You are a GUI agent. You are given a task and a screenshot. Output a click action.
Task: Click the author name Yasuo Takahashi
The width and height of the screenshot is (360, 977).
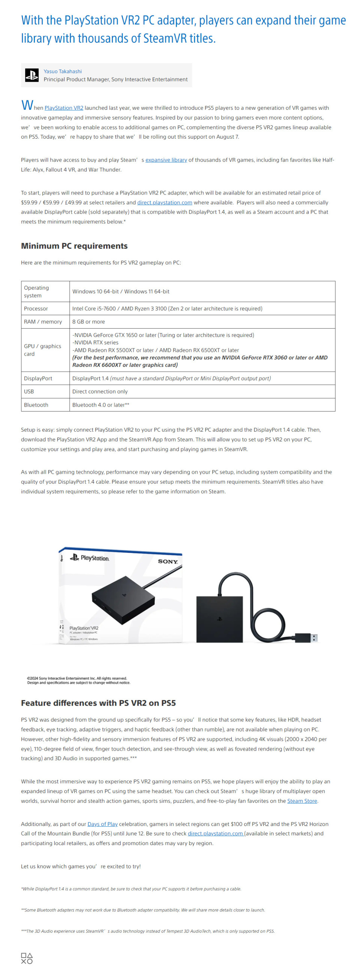click(x=63, y=71)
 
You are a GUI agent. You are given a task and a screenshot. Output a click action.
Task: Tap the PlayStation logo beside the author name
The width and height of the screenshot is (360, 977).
click(x=32, y=75)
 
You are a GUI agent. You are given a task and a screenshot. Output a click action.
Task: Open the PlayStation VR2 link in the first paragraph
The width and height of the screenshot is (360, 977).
click(x=64, y=108)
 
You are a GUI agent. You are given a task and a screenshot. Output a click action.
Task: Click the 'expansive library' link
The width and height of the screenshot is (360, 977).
click(x=166, y=160)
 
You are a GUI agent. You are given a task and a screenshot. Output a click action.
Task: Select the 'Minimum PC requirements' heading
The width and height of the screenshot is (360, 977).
click(x=74, y=246)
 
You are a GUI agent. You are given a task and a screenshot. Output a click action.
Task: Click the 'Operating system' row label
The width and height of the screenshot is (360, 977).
click(x=36, y=292)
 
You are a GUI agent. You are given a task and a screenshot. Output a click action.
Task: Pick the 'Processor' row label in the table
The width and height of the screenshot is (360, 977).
click(x=36, y=309)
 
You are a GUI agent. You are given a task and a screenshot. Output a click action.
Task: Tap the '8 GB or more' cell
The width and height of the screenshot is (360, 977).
click(x=89, y=322)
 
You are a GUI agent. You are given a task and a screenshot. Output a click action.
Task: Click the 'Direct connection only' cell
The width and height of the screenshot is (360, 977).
click(x=100, y=391)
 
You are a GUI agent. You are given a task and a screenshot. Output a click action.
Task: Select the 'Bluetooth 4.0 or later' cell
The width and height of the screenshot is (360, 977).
click(x=100, y=405)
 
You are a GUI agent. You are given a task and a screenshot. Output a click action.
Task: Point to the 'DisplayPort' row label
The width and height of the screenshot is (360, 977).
click(x=38, y=378)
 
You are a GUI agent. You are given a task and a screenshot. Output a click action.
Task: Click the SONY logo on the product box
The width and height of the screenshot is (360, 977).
click(x=168, y=561)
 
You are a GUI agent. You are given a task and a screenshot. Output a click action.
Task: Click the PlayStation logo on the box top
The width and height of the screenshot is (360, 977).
click(x=90, y=558)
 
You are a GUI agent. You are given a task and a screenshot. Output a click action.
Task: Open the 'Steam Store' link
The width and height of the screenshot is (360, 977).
click(x=302, y=800)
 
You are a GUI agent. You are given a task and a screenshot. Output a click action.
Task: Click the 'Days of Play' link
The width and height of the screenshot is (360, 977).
click(x=102, y=824)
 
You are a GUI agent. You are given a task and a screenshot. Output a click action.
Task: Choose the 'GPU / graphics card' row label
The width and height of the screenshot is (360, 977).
click(x=42, y=350)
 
